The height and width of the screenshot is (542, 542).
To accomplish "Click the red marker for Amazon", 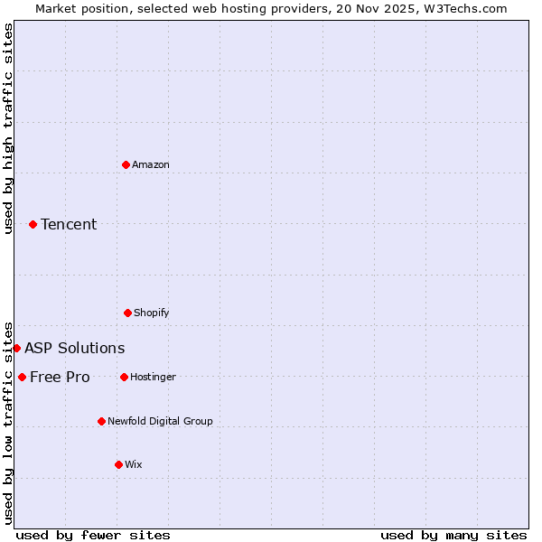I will coord(126,164).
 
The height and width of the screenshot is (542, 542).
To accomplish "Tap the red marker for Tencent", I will coord(33,224).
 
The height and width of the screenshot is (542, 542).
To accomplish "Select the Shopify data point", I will coord(127,313).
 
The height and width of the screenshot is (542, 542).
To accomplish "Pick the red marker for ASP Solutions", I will coord(16,348).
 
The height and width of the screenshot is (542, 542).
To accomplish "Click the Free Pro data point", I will coord(22,377).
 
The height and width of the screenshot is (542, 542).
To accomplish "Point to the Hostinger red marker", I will coord(124,377).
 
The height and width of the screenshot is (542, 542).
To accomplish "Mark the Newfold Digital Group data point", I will coord(101,421).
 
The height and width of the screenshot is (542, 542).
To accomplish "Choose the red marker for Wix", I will coord(118,464).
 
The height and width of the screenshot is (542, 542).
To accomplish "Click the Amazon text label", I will coord(151,164).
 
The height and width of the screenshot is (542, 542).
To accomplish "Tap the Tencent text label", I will coord(69,224).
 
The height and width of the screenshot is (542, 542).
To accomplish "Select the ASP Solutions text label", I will coord(75,348).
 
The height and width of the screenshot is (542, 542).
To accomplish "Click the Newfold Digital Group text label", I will coord(160,421).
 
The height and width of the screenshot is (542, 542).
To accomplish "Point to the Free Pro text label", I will coord(60,377).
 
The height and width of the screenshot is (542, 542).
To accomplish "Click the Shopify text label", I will coord(152,313).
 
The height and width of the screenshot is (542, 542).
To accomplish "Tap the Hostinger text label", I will coord(153,377).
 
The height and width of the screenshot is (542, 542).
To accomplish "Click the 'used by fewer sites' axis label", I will coord(93,535).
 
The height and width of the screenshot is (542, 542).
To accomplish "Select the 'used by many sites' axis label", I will coord(453,535).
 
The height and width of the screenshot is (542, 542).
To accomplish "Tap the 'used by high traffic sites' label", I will coord(8,128).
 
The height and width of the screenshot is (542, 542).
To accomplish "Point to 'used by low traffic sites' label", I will coord(8,422).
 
